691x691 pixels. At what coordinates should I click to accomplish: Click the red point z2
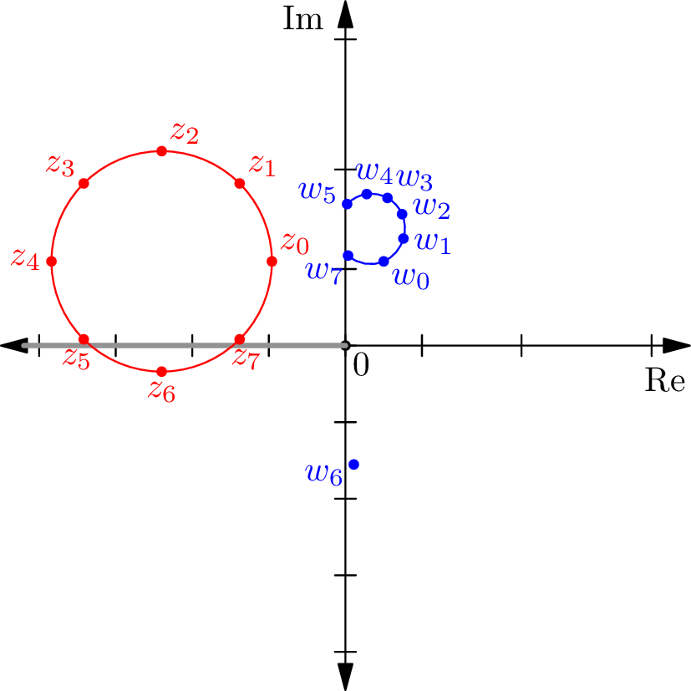pos(161,150)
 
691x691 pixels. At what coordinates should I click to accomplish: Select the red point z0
pos(272,261)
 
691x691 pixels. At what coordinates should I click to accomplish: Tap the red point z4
pos(51,261)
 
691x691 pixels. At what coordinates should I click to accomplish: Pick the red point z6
pos(161,371)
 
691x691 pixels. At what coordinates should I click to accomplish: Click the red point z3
pos(84,183)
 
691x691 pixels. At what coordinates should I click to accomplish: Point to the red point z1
pos(240,183)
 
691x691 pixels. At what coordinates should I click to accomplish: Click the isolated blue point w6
pos(353,464)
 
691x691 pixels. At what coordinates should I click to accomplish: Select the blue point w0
pos(384,262)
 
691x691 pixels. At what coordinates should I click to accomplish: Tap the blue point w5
pos(348,204)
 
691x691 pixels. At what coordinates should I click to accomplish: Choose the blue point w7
pos(348,255)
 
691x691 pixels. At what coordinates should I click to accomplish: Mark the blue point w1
pos(403,238)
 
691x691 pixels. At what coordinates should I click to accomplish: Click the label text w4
pos(373,172)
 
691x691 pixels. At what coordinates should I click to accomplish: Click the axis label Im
pos(302,18)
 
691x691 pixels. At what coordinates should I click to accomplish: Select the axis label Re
pos(666,381)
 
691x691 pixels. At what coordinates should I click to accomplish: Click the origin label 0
pos(360,364)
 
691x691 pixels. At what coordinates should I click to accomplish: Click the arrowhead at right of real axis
pos(676,345)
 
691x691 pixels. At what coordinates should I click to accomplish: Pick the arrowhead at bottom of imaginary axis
pos(345,676)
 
